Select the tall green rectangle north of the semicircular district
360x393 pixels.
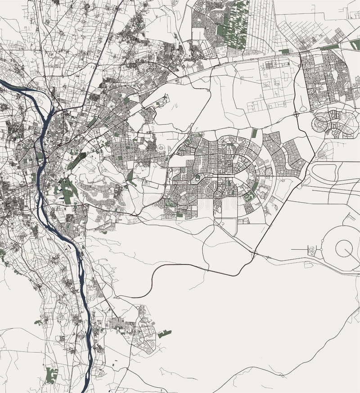[x=254, y=133]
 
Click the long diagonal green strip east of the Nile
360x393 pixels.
[x=77, y=160]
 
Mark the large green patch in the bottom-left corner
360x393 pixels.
[x=52, y=375]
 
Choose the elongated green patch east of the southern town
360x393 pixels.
[x=164, y=334]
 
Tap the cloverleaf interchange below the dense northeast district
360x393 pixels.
[x=297, y=114]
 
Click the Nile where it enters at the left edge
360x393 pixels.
[x=4, y=83]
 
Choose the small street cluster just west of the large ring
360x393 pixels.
[x=311, y=251]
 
